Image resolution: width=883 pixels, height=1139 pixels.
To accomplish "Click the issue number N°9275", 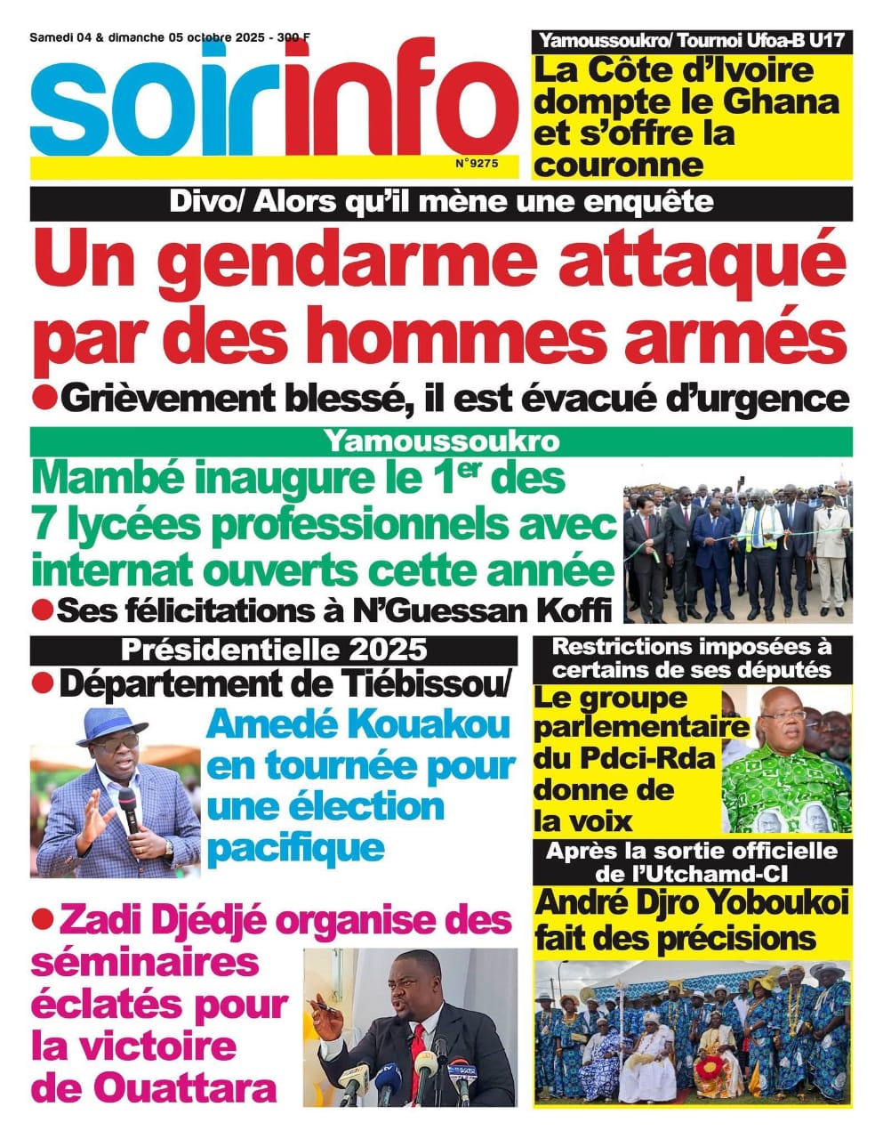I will click(x=477, y=164).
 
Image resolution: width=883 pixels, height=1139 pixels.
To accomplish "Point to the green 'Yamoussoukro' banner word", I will click(x=441, y=441).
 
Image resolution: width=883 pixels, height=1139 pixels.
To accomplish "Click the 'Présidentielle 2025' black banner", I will click(x=273, y=650).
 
